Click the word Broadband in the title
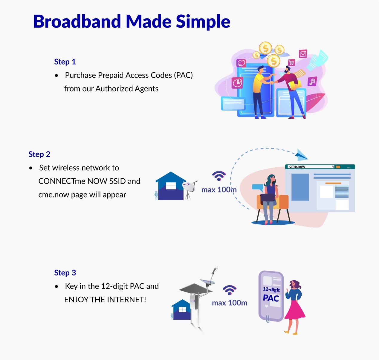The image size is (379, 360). (77, 22)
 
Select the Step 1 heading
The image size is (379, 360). (65, 62)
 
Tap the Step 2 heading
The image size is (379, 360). (39, 154)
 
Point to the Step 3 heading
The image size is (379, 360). (65, 273)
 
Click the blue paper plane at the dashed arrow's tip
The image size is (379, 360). (301, 155)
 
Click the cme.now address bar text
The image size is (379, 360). (297, 167)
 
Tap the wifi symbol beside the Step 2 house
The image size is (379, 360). (219, 176)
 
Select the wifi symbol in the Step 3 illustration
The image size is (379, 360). (230, 289)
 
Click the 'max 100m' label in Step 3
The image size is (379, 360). (230, 303)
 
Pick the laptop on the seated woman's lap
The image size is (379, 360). (268, 197)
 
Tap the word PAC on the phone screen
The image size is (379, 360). (271, 298)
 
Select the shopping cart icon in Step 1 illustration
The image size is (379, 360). (291, 62)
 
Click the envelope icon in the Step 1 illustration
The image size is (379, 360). (303, 54)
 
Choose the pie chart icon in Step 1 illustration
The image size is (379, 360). (237, 83)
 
